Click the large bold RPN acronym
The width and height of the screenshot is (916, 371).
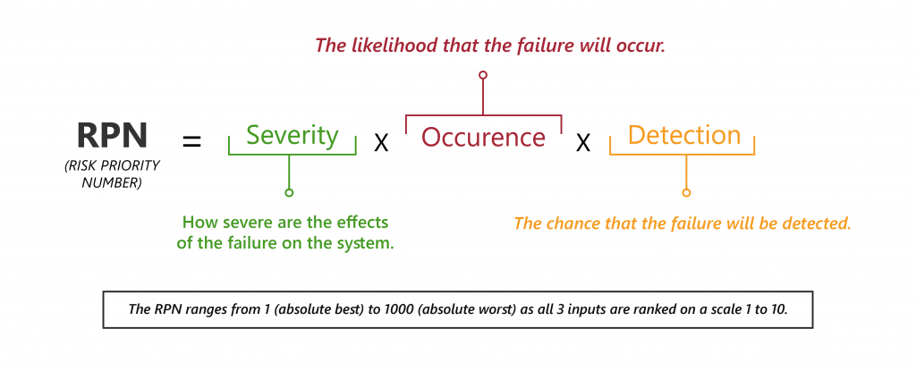(x=112, y=135)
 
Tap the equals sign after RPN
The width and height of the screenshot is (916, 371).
(x=191, y=141)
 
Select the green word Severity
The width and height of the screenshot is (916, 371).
(x=293, y=135)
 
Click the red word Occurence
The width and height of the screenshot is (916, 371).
(x=483, y=138)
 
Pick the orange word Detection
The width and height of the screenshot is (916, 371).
(x=684, y=135)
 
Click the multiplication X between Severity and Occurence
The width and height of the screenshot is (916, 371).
(x=381, y=143)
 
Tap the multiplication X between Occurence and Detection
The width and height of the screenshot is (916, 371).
(x=583, y=143)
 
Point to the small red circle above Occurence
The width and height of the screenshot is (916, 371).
(x=482, y=75)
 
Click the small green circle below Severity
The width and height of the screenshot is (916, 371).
(x=289, y=192)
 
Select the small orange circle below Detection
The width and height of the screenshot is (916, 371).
(x=686, y=192)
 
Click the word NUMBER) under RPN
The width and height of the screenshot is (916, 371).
(x=112, y=182)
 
